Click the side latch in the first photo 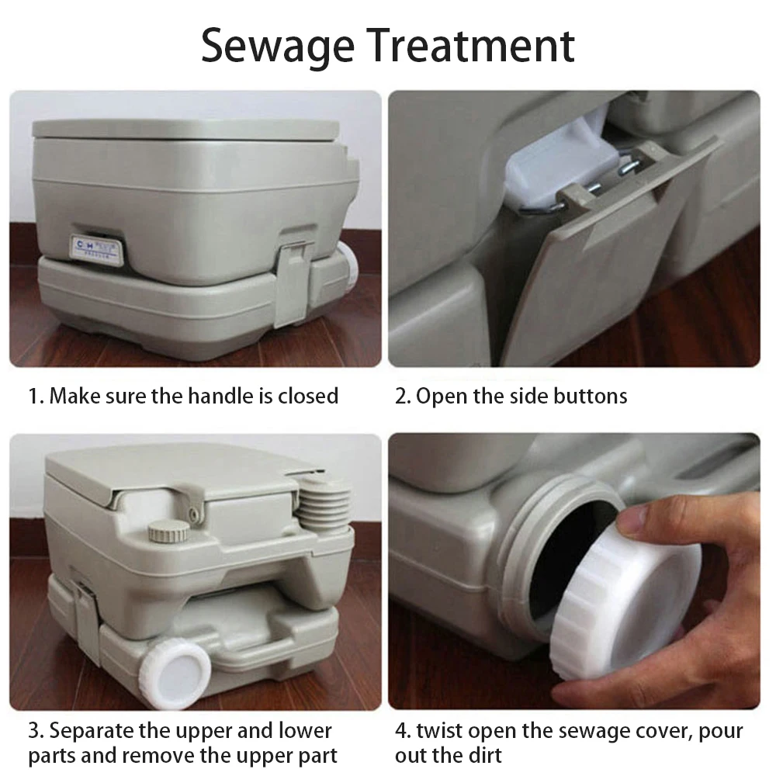coord(296,279)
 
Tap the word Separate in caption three coord(95,731)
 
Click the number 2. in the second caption coord(402,396)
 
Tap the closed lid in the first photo coord(186,131)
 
